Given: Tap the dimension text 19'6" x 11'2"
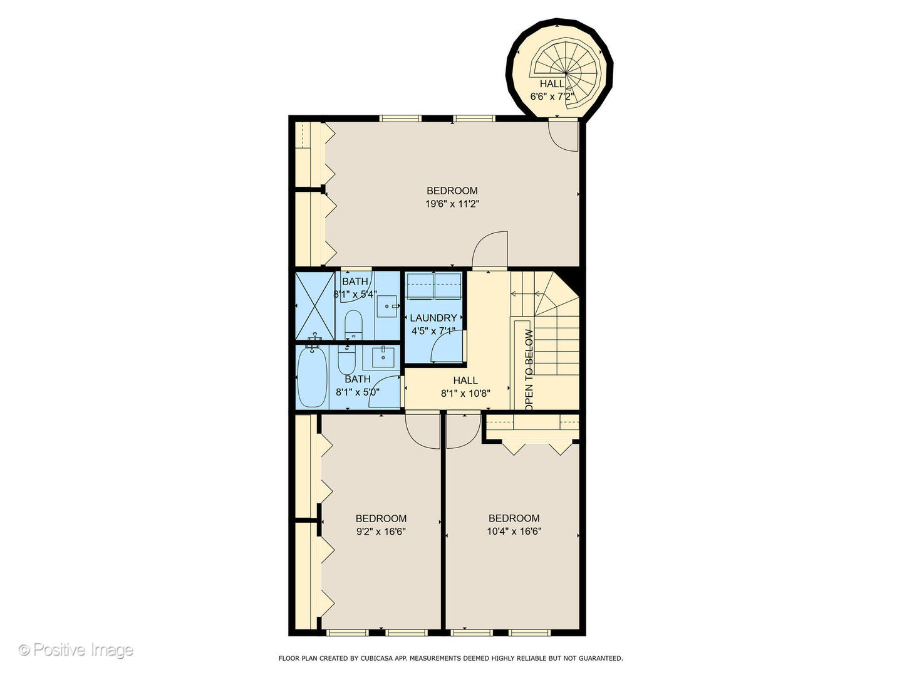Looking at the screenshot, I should click(452, 204).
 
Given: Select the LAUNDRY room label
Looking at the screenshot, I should click(433, 318).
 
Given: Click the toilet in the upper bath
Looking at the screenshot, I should click(353, 323).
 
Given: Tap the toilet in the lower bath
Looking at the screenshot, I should click(346, 360).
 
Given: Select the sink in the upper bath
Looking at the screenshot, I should click(387, 307).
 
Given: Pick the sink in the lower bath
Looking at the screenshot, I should click(383, 357).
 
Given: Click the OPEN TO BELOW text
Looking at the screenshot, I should click(529, 370).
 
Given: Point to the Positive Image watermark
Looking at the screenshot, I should click(76, 650).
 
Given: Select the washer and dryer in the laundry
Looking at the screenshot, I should click(433, 286).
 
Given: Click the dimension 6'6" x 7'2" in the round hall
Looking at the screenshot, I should click(552, 97).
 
